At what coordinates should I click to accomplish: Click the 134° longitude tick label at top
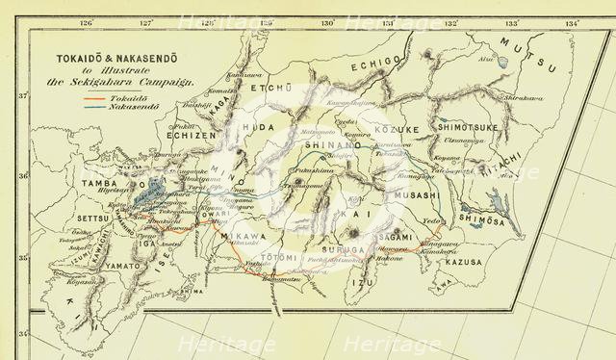pos(572,22)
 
